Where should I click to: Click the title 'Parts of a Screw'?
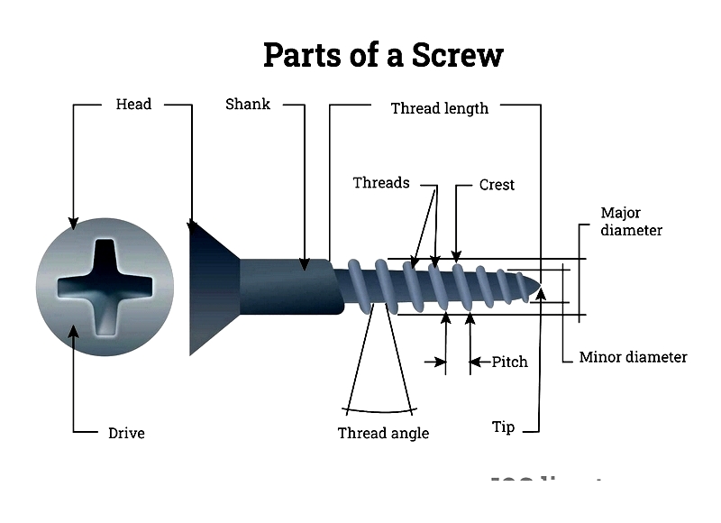382,56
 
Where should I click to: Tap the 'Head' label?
133,104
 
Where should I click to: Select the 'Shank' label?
247,104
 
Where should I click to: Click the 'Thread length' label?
439,108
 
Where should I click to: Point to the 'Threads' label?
380,183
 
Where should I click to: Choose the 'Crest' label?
497,185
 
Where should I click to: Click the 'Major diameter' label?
631,221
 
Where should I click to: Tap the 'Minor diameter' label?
633,357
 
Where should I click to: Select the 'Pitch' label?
509,362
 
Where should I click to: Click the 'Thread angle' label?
383,433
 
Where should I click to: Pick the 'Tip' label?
503,427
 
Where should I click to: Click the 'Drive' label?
126,433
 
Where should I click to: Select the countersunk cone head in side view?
213,288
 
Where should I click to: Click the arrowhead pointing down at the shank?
306,261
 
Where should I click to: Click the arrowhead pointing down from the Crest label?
457,257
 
